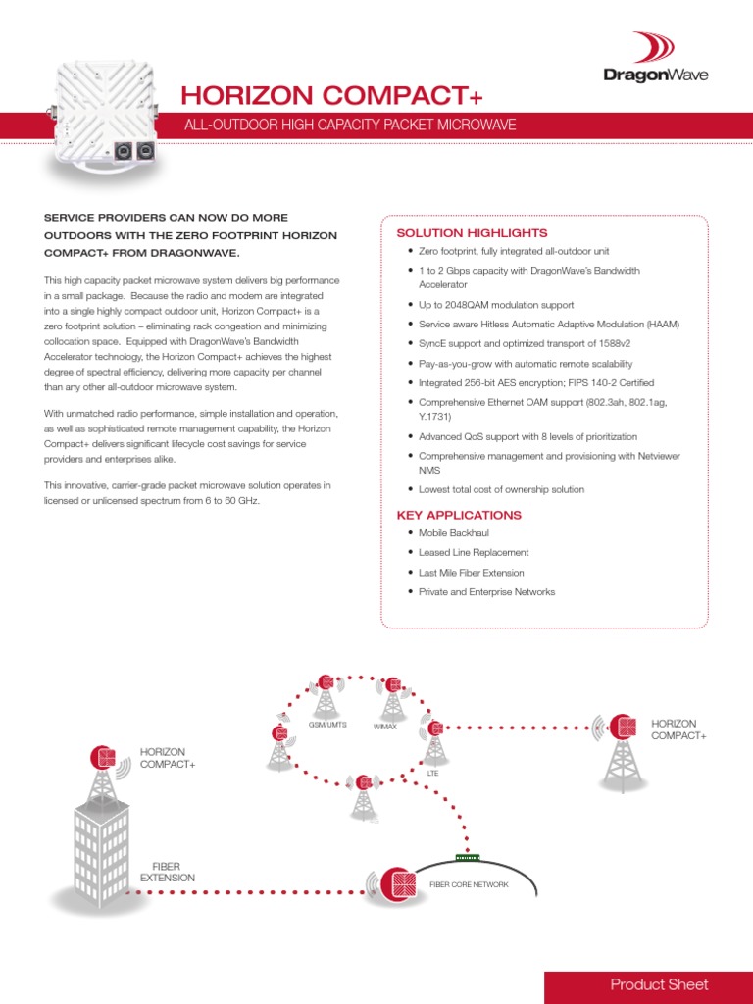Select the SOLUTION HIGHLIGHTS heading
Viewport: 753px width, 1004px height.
[472, 233]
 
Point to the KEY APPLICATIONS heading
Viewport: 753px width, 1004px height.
[459, 515]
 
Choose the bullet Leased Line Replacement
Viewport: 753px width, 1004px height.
[474, 553]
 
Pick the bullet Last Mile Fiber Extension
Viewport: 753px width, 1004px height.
[472, 573]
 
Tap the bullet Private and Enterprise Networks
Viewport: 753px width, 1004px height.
[486, 592]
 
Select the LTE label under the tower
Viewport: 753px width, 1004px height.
[432, 773]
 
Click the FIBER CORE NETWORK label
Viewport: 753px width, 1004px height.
[469, 884]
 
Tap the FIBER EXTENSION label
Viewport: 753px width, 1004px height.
[168, 872]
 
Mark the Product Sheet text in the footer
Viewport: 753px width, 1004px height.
[659, 984]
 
